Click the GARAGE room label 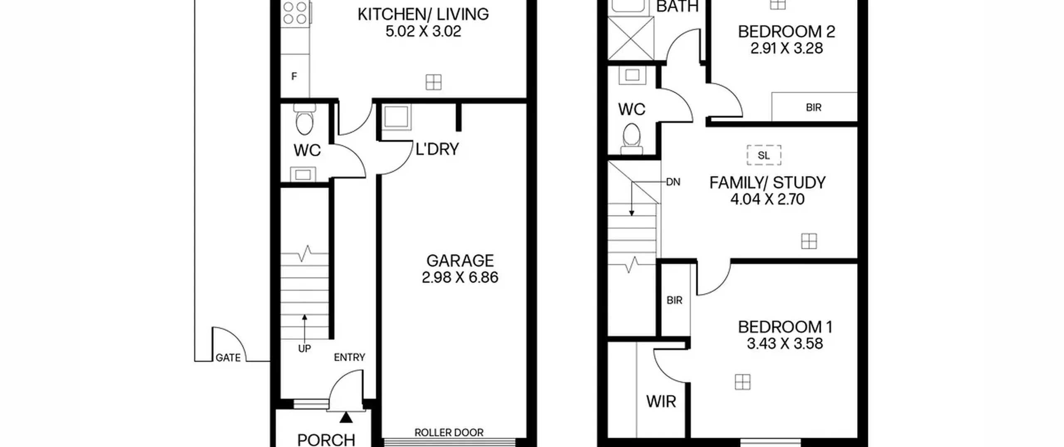coord(460,261)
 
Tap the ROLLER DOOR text coord(449,433)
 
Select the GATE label coord(228,358)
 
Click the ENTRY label coord(350,357)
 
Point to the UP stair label coord(304,349)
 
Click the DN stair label coord(673,182)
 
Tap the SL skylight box coord(764,155)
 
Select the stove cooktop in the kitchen coord(295,12)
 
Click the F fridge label coord(294,77)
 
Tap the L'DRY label coord(437,149)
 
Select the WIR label coord(661,402)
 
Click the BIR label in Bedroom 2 coord(814,108)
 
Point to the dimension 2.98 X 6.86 coord(460,277)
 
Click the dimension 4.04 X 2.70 coord(768,199)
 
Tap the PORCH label coord(326,440)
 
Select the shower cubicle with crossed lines coord(631,38)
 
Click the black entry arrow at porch coord(346,417)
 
